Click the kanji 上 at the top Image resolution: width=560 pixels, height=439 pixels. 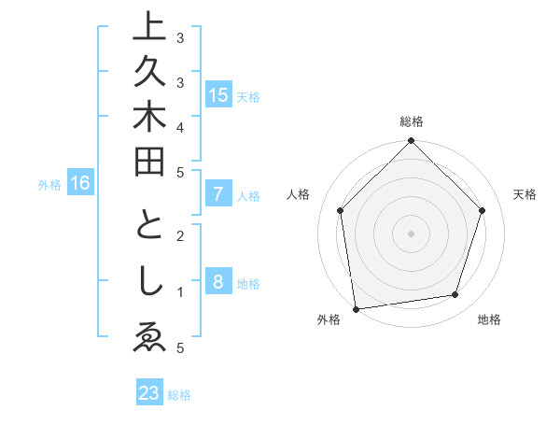coord(149,29)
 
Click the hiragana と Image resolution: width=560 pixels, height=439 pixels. coord(149,227)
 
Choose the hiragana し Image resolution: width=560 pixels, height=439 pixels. coord(149,282)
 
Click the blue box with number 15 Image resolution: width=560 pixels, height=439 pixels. coord(218,95)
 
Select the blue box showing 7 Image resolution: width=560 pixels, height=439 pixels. coord(218,195)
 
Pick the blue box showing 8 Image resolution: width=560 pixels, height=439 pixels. coord(218,283)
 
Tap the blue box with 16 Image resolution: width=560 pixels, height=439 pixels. coord(80,184)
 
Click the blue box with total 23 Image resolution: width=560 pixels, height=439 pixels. coord(149,393)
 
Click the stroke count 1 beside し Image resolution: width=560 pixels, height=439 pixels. coord(180,292)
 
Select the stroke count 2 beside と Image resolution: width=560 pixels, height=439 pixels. coord(180,236)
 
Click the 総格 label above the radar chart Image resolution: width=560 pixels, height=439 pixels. coord(411,121)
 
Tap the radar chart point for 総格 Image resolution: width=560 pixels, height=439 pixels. coord(411,142)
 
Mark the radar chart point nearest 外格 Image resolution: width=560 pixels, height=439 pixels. coord(356,307)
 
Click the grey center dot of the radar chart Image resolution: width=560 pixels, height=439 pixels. coord(411,232)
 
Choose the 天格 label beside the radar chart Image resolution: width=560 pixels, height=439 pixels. coord(525,194)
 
